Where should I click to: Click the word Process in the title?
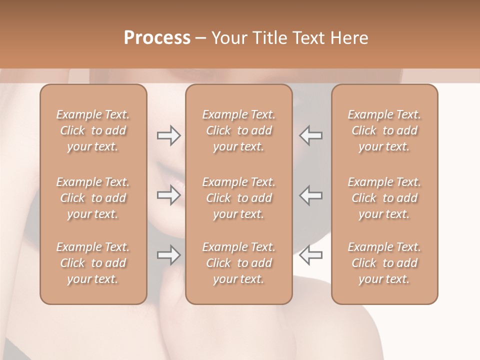point(157,38)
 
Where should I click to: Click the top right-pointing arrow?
point(168,135)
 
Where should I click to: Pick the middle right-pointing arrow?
point(168,195)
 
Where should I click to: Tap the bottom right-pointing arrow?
point(168,255)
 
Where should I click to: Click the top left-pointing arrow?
point(311,135)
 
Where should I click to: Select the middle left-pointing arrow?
point(311,195)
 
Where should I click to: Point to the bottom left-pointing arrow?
point(311,255)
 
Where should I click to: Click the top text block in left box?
point(93,130)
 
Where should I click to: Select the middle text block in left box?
point(93,198)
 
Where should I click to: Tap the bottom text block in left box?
point(93,263)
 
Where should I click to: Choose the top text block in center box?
point(239,130)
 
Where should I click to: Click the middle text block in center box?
point(239,198)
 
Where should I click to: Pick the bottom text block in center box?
point(239,263)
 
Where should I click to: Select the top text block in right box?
point(384,130)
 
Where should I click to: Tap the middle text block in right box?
point(384,198)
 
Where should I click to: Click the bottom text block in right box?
point(384,263)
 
